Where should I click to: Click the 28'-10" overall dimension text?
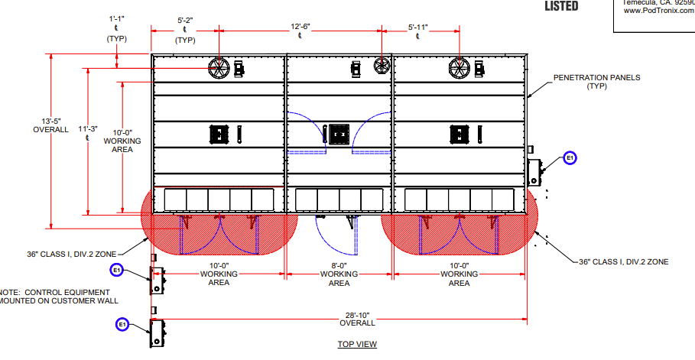(x=339, y=319)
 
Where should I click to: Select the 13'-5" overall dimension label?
(x=50, y=125)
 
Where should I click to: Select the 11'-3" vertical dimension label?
(x=89, y=132)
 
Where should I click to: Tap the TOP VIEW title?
(x=357, y=344)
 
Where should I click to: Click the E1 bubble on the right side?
(x=570, y=158)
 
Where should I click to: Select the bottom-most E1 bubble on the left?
(x=122, y=325)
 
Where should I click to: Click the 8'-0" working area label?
(x=339, y=274)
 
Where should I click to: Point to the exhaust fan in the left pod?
(x=219, y=68)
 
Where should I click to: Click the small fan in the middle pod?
(x=381, y=66)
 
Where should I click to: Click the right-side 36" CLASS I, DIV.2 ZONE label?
(x=623, y=261)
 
